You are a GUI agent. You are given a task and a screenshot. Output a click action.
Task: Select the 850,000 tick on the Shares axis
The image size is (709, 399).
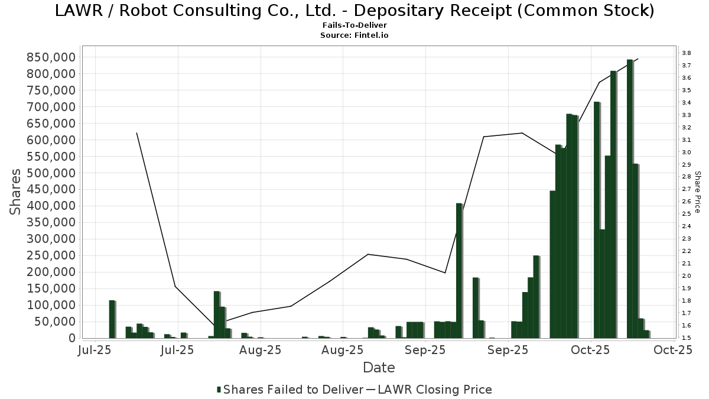[52, 57]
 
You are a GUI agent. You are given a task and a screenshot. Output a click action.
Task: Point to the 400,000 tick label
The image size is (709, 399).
[52, 206]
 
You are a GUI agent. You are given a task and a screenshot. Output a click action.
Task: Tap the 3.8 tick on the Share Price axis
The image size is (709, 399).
[686, 53]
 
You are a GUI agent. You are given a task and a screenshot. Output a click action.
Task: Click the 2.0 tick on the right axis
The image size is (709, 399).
[686, 276]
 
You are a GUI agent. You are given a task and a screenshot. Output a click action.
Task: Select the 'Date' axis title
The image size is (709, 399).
[379, 368]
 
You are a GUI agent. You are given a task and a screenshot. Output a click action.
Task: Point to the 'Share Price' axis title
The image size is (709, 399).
[697, 192]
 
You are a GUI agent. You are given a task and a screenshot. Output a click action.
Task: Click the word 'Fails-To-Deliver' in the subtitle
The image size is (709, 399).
[354, 25]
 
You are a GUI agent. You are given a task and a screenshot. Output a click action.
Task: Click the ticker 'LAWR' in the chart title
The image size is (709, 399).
[77, 11]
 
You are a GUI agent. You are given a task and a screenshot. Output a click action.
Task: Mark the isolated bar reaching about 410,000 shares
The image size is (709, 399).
[459, 271]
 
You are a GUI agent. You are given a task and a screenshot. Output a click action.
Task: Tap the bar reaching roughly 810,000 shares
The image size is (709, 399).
[613, 205]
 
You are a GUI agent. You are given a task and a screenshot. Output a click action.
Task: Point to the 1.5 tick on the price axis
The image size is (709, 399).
[686, 338]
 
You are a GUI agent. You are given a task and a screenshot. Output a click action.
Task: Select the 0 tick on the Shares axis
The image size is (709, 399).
[71, 339]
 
